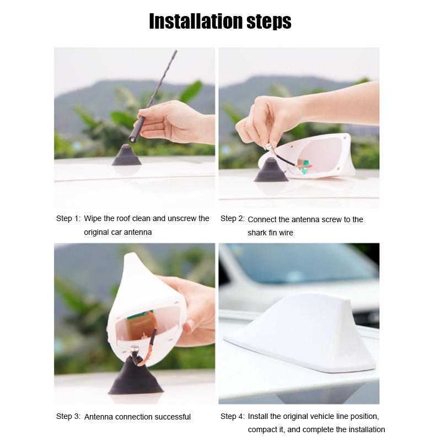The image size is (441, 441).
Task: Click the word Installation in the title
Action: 196,21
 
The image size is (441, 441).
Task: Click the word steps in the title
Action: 269,22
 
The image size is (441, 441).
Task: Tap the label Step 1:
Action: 68,218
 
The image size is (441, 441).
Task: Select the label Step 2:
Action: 232,218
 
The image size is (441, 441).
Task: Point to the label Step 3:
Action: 68,416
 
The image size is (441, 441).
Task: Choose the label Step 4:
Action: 232,416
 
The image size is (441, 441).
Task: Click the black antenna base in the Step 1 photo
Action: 126,155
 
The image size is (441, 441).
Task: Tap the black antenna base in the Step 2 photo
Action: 271,170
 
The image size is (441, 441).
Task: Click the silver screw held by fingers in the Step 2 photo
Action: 268,147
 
